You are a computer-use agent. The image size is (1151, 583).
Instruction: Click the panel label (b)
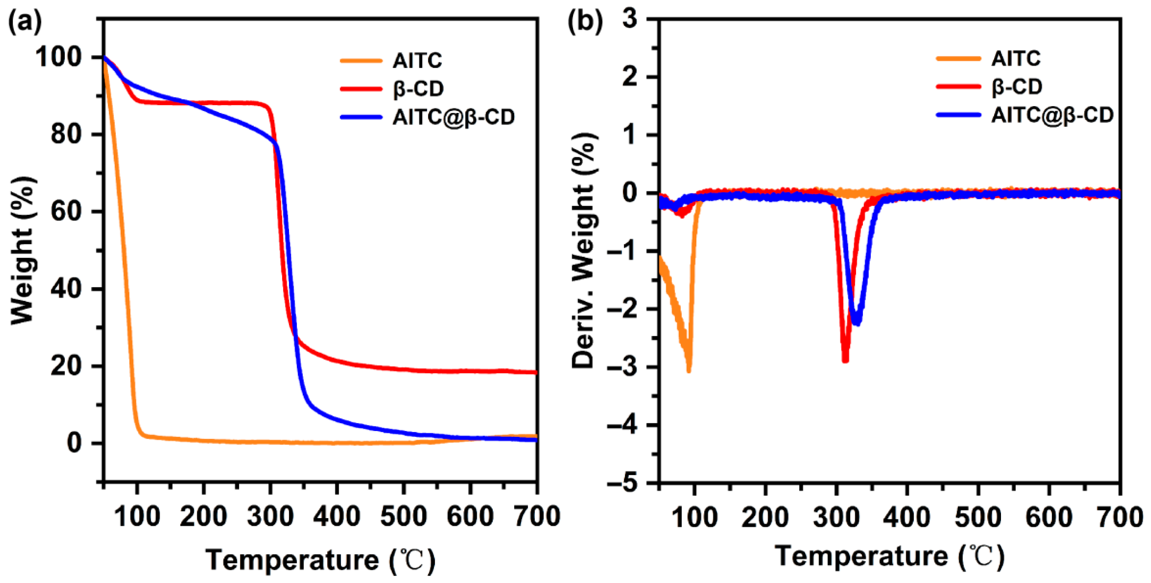point(584,21)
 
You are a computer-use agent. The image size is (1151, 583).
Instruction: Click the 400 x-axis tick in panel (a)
point(336,517)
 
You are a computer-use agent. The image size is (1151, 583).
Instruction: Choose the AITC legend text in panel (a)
point(417,61)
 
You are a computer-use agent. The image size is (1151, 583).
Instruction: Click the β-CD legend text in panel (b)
point(1017,87)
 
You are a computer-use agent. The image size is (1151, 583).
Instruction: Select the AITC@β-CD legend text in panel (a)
point(454,117)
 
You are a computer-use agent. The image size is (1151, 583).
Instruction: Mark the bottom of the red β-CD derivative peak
point(845,360)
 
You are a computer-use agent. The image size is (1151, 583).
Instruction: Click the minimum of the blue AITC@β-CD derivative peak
point(857,322)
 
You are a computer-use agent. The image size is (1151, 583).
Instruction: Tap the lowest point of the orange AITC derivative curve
point(689,370)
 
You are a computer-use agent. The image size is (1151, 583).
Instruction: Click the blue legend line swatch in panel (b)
point(959,115)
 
